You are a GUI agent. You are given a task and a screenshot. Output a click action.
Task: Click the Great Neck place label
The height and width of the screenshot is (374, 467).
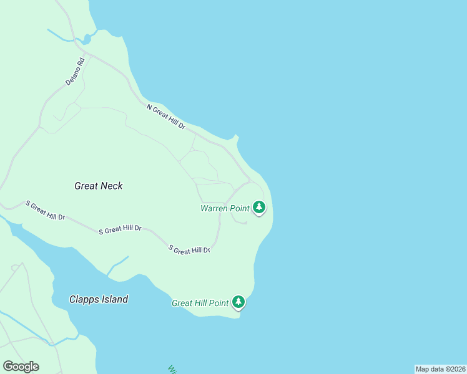(99, 186)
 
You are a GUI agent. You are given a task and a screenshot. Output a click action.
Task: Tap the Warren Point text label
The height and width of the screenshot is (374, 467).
(225, 208)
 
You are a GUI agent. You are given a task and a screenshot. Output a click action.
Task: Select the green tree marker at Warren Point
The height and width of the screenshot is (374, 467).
(259, 208)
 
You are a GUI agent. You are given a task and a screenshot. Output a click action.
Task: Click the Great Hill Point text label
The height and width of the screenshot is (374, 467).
(200, 304)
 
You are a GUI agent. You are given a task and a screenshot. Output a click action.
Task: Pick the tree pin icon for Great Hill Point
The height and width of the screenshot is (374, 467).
(238, 302)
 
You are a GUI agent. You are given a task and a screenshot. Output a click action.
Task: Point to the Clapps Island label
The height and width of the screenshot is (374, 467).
(99, 299)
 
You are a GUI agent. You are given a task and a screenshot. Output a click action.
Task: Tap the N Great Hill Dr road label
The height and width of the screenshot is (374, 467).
(166, 117)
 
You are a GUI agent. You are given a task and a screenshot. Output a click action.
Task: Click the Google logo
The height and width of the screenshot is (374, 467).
(21, 367)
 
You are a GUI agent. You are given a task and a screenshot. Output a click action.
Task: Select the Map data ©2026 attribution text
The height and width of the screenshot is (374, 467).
(440, 369)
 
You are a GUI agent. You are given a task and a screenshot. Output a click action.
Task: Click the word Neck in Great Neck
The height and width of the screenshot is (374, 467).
(112, 186)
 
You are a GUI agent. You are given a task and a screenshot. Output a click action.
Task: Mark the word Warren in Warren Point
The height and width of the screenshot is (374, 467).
(214, 208)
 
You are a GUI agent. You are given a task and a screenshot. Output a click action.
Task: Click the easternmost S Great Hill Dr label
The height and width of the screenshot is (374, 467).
(189, 249)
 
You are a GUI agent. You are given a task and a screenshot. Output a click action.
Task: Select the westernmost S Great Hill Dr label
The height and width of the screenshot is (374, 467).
(45, 210)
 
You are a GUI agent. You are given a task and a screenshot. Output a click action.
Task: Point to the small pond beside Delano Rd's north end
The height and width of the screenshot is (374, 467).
(87, 39)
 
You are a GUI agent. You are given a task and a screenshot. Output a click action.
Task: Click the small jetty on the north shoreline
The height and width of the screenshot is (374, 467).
(235, 136)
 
